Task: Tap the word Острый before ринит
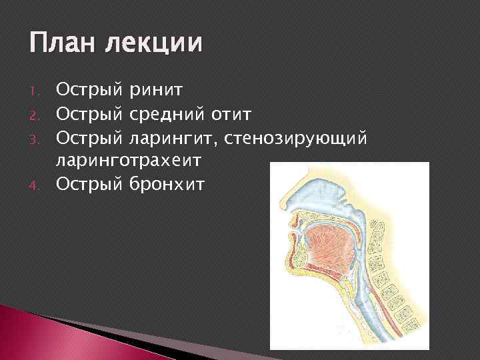click(x=89, y=87)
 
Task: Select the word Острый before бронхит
click(x=89, y=183)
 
